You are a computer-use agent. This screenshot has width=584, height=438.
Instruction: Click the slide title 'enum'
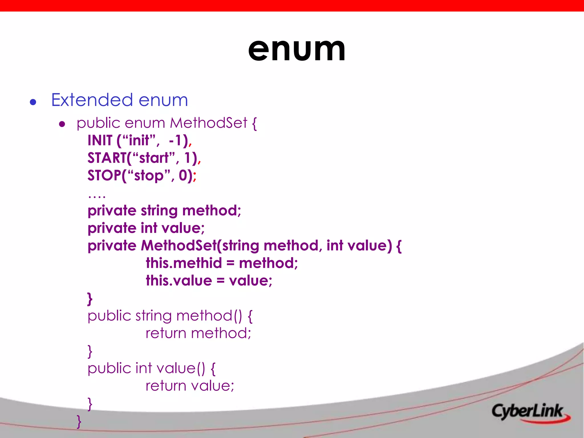pyautogui.click(x=297, y=50)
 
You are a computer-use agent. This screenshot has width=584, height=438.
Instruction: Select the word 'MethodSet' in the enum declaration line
pyautogui.click(x=208, y=123)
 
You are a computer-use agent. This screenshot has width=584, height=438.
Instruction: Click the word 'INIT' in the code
pyautogui.click(x=100, y=141)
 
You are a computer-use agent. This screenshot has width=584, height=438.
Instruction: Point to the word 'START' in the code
pyautogui.click(x=107, y=158)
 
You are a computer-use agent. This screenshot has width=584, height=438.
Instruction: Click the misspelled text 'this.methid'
pyautogui.click(x=184, y=263)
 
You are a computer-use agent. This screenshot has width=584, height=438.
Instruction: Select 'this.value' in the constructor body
pyautogui.click(x=179, y=281)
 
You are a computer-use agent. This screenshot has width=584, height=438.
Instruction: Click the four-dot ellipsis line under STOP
pyautogui.click(x=97, y=196)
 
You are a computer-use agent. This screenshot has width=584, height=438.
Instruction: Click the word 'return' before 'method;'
pyautogui.click(x=166, y=333)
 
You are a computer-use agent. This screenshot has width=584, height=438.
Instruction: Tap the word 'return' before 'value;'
pyautogui.click(x=166, y=386)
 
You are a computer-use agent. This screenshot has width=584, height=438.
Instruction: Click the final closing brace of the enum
pyautogui.click(x=79, y=421)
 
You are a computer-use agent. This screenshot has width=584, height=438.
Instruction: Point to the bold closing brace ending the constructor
pyautogui.click(x=90, y=299)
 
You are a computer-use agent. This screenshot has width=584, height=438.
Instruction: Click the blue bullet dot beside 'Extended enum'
pyautogui.click(x=33, y=102)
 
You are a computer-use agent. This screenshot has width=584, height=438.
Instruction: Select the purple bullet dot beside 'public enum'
pyautogui.click(x=62, y=124)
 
